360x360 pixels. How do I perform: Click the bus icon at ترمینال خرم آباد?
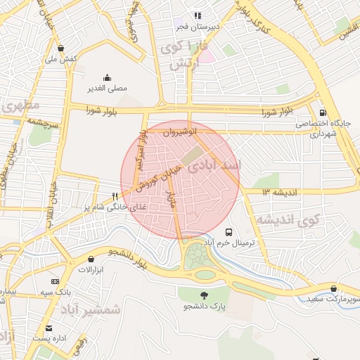229,231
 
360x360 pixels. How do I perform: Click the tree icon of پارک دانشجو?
205,295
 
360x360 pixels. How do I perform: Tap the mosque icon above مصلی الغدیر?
107,77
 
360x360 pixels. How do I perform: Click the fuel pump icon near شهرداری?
323,112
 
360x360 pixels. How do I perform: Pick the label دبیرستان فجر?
199,27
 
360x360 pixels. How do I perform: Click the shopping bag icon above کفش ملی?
61,48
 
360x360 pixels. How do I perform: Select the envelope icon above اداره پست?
49,328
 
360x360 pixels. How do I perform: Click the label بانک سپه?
53,290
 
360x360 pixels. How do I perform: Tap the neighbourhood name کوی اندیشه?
287,220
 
